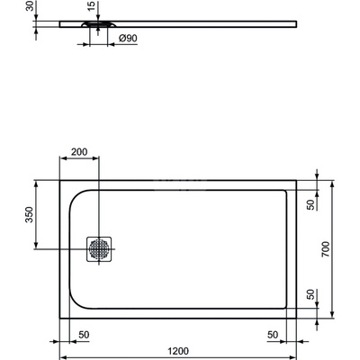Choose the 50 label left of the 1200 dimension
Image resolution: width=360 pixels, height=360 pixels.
coord(83,334)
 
